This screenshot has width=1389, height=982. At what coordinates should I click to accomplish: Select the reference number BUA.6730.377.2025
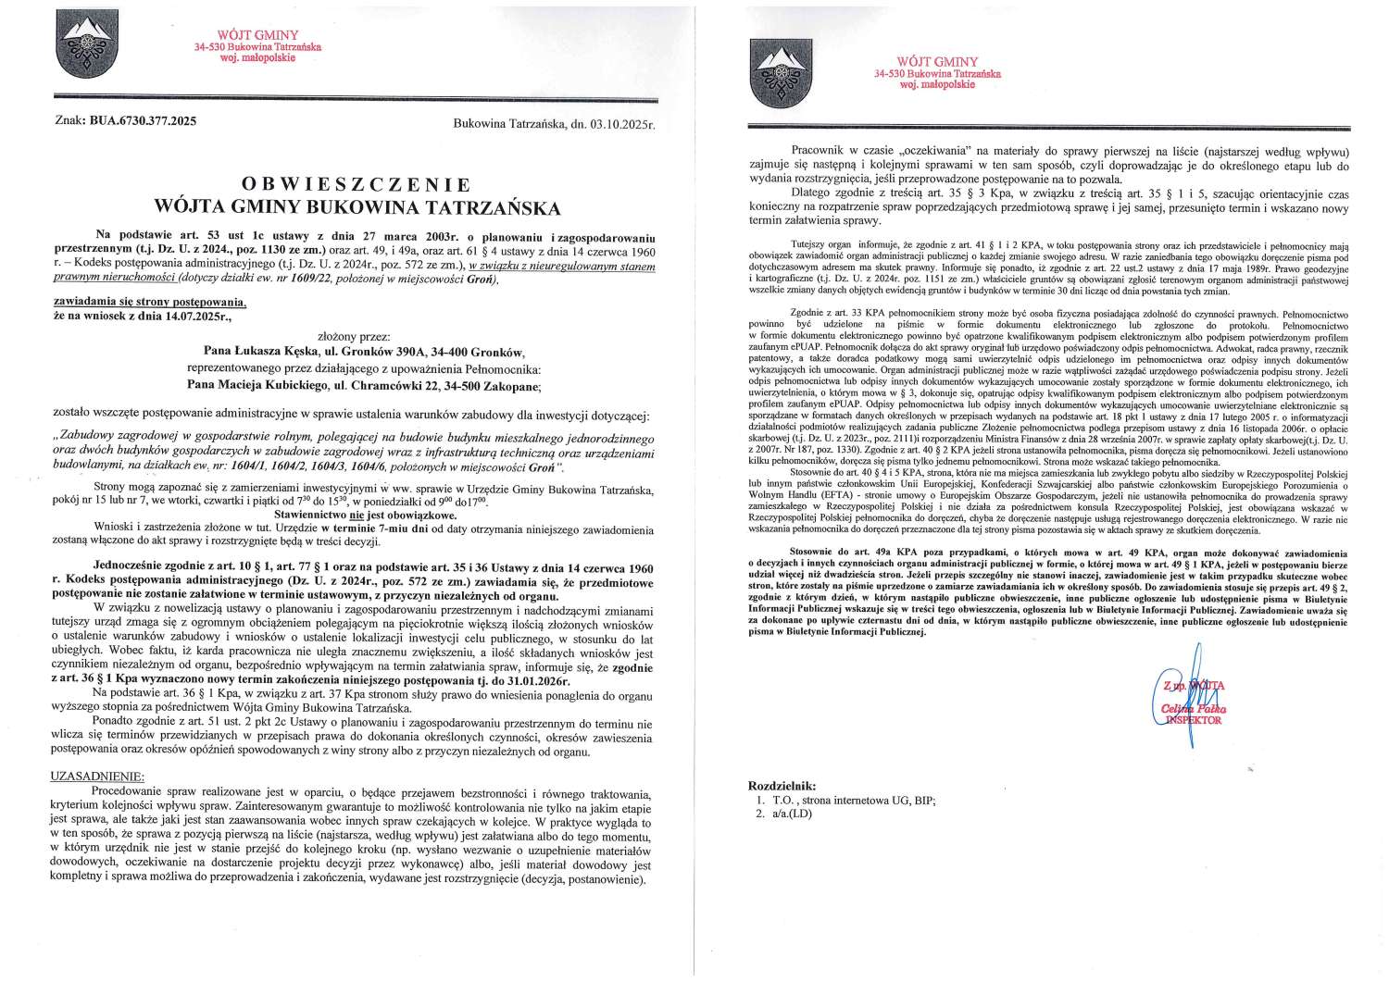(141, 120)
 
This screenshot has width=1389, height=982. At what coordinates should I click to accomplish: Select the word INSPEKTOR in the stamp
(1194, 718)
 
